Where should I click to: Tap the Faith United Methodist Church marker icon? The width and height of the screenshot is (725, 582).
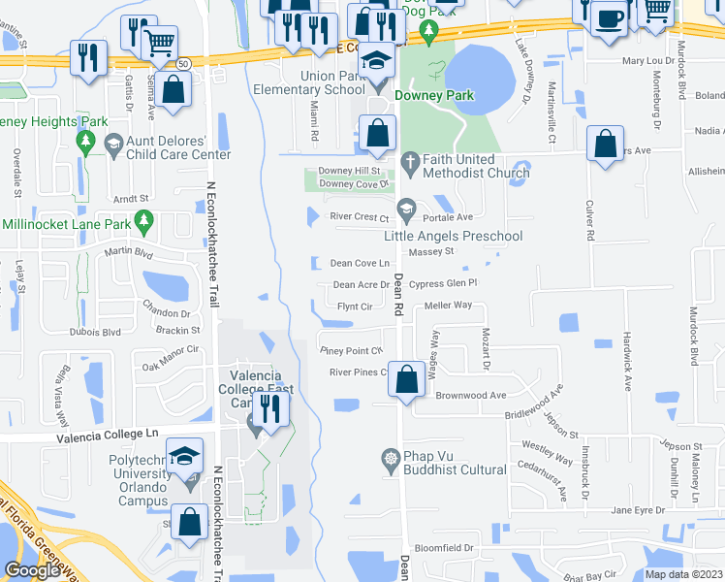pos(410,160)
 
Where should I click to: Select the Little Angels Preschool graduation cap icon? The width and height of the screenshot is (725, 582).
pos(406,206)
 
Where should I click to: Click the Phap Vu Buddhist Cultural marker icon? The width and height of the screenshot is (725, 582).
pos(391,457)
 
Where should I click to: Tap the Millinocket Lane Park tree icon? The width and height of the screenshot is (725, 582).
pos(144,222)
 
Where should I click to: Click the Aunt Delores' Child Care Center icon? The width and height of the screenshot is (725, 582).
pos(113,142)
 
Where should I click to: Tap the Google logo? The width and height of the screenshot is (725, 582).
pos(32,570)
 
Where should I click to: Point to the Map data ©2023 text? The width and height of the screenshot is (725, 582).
pos(684,574)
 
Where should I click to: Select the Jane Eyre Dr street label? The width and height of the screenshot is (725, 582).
pos(638,509)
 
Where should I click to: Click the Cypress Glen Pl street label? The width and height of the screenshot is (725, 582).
pos(444,283)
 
